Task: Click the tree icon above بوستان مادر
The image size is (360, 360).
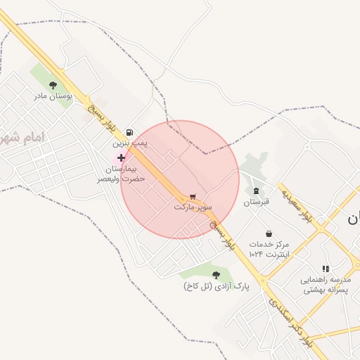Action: click(53, 85)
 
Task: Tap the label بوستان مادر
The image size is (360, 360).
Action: click(55, 96)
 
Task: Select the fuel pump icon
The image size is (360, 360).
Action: click(129, 132)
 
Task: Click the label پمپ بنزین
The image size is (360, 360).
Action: click(129, 143)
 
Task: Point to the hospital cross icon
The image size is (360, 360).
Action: click(121, 158)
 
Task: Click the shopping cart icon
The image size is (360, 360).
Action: click(193, 196)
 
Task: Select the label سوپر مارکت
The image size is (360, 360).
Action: click(193, 207)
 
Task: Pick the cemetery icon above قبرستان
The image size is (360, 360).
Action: click(256, 190)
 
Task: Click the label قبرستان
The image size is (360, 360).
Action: click(256, 202)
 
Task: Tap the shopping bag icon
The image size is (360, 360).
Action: click(269, 233)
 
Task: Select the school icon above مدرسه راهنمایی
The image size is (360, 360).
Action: click(325, 269)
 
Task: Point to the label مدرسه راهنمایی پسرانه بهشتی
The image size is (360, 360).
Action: click(324, 285)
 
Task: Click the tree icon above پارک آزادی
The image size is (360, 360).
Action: click(216, 275)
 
